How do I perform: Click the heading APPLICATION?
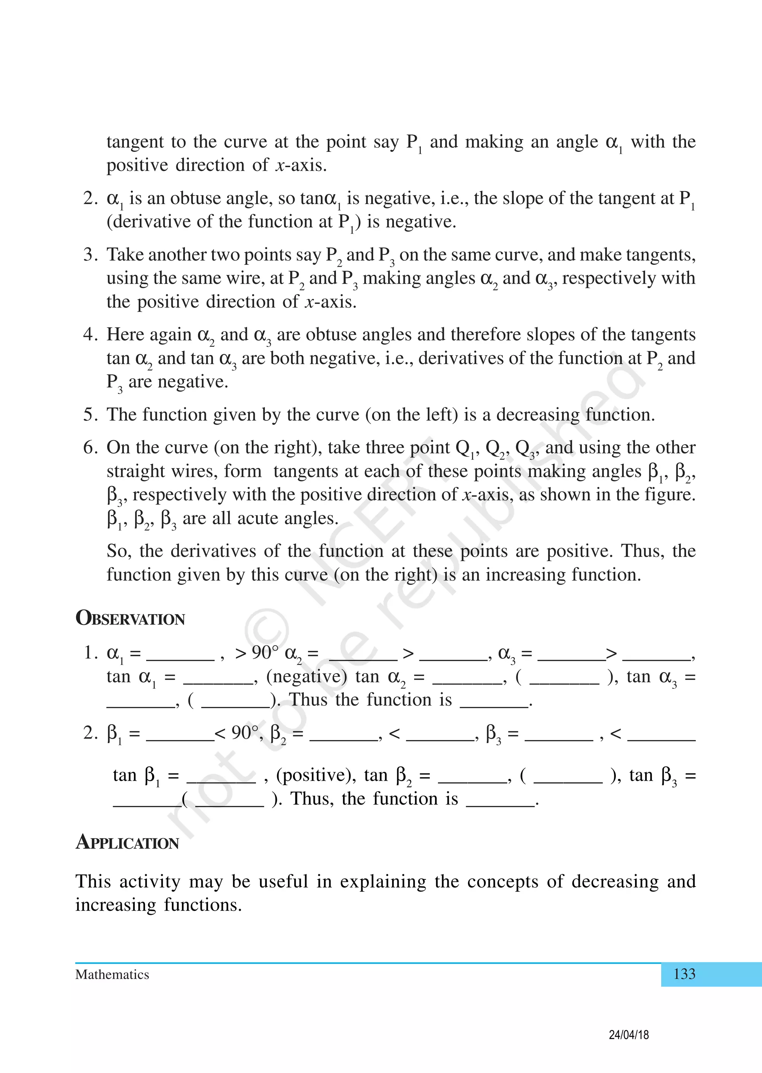click(127, 842)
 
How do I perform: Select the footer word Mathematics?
click(112, 975)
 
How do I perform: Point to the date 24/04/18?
click(629, 1035)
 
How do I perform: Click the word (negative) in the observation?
click(306, 676)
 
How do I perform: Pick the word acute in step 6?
click(260, 518)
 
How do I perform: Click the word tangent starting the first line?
click(135, 142)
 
